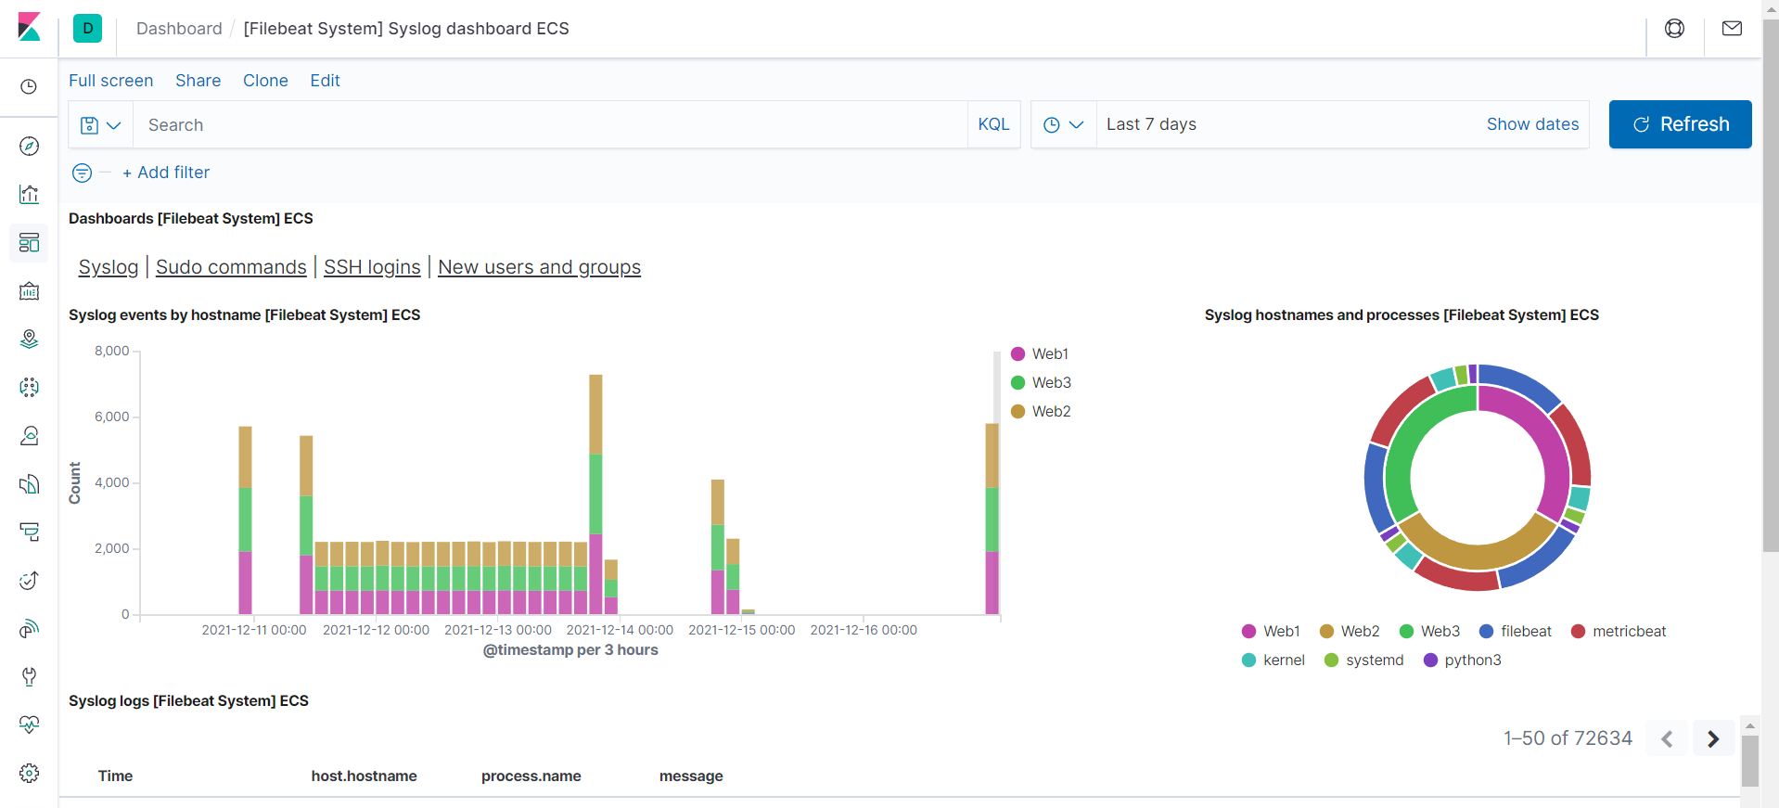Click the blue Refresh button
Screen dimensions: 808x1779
(1680, 124)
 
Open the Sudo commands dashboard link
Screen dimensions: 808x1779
(231, 267)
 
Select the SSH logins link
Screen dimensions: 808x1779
(372, 267)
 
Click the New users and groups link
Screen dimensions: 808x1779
(539, 267)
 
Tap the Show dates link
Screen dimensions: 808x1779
(1532, 124)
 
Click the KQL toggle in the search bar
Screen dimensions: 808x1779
(993, 124)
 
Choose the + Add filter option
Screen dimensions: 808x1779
(166, 173)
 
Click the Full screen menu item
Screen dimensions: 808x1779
(110, 81)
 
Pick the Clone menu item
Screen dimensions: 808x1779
(265, 81)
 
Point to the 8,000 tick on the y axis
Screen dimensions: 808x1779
(112, 351)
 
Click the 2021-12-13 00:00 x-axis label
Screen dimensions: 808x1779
(498, 630)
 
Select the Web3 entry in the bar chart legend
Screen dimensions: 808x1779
(1051, 382)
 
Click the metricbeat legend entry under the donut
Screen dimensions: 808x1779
(1629, 632)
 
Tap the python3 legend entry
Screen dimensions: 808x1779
(1472, 661)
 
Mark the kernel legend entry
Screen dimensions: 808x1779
(1283, 661)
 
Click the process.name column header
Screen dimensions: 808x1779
(531, 776)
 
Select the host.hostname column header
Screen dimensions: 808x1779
(364, 776)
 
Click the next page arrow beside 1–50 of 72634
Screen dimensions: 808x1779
(1713, 738)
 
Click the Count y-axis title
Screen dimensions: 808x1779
(75, 482)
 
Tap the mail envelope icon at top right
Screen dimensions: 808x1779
(1732, 29)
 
